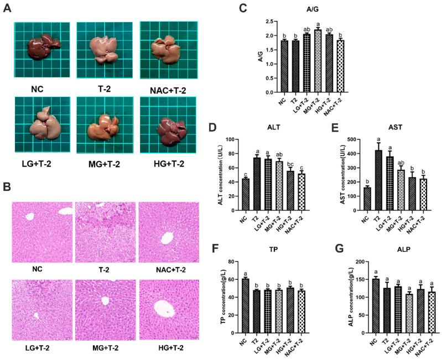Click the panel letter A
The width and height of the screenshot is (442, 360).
[7, 10]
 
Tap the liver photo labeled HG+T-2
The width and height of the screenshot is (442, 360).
[167, 123]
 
